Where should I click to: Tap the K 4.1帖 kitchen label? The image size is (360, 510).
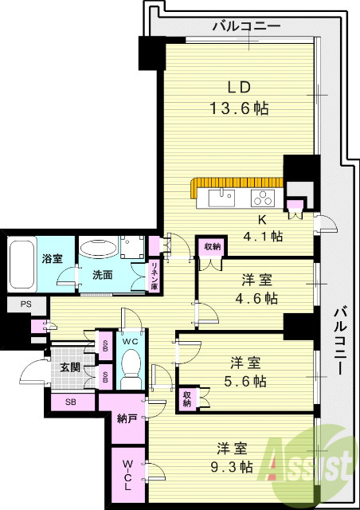pyautogui.click(x=267, y=226)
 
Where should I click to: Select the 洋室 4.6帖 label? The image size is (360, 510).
pyautogui.click(x=260, y=289)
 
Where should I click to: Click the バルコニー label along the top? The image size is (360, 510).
pyautogui.click(x=246, y=27)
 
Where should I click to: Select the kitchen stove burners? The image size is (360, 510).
pyautogui.click(x=262, y=197)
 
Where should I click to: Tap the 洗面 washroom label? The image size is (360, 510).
pyautogui.click(x=101, y=276)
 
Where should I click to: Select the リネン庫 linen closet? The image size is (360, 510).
pyautogui.click(x=154, y=275)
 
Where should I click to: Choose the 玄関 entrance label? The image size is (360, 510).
pyautogui.click(x=69, y=367)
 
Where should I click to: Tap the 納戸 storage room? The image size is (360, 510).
pyautogui.click(x=127, y=417)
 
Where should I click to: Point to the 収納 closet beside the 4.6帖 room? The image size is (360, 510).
pyautogui.click(x=210, y=247)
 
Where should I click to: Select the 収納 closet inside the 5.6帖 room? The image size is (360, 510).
pyautogui.click(x=187, y=397)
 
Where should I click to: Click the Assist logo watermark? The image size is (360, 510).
pyautogui.click(x=315, y=462)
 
